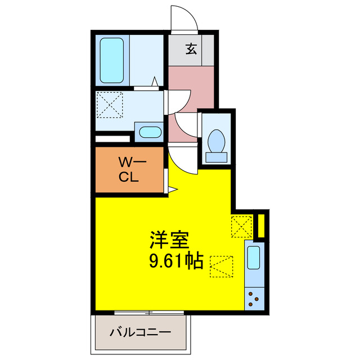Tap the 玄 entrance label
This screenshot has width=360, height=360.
click(x=191, y=49)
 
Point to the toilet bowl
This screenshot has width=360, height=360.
click(x=216, y=141)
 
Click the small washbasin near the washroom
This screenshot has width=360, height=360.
click(x=150, y=133)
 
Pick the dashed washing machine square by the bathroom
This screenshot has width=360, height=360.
click(x=110, y=105)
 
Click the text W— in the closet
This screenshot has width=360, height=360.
click(x=132, y=163)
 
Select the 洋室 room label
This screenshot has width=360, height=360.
click(x=168, y=241)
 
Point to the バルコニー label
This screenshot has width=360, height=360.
click(x=140, y=332)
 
